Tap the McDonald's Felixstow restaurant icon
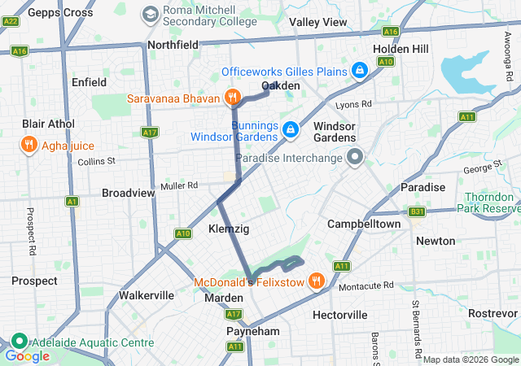[x=316, y=281]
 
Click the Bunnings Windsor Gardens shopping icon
[x=290, y=129]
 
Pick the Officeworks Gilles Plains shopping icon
[x=358, y=72]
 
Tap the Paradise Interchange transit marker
[x=354, y=157]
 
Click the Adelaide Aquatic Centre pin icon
[x=19, y=342]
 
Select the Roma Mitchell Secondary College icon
[x=151, y=14]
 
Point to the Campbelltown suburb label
[x=364, y=224]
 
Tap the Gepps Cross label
[x=60, y=13]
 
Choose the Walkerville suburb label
[x=147, y=294]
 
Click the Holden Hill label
[x=401, y=49]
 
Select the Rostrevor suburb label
[x=493, y=314]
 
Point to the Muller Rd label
[x=180, y=186]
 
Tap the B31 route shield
[x=417, y=211]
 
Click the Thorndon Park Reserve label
[x=493, y=203]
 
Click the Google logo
[x=27, y=355]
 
